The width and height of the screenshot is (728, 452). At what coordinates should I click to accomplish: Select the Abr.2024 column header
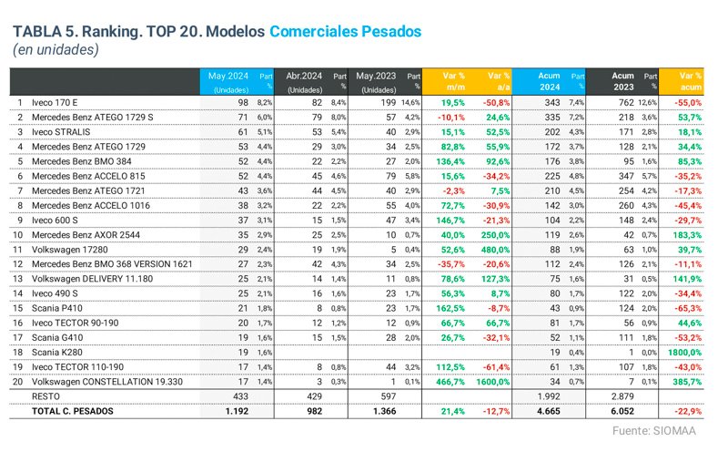[302, 76]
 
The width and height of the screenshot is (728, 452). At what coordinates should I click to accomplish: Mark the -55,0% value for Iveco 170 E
[686, 103]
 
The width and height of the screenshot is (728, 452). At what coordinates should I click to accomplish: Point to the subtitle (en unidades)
[56, 50]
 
